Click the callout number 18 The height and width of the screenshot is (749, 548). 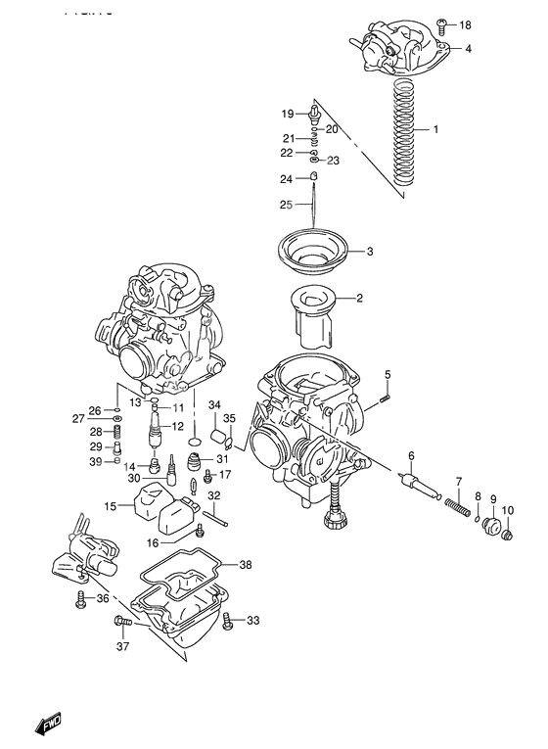click(x=466, y=24)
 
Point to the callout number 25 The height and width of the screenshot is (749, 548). click(x=287, y=205)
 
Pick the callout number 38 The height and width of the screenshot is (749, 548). click(x=245, y=565)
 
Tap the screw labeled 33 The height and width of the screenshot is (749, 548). click(x=228, y=620)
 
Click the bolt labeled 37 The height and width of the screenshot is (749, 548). click(x=121, y=621)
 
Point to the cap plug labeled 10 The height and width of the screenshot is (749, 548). click(x=506, y=532)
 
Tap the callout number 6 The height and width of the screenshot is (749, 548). click(x=412, y=455)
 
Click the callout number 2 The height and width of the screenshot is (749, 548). click(x=360, y=299)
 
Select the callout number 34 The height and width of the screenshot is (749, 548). click(x=214, y=405)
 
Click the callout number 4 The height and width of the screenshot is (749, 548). click(x=468, y=48)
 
